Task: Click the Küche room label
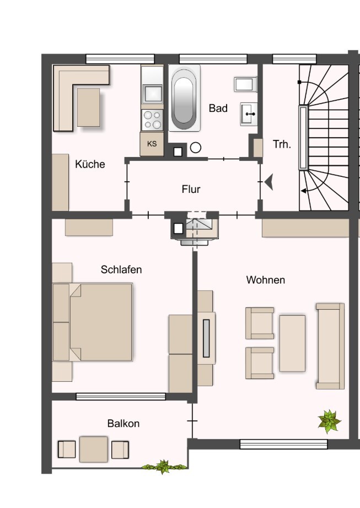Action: (90, 164)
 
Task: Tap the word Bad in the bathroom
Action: (218, 108)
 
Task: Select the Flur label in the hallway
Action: (191, 189)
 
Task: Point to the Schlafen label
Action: (121, 269)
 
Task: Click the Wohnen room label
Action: (266, 279)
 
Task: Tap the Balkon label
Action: (123, 424)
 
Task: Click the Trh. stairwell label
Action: (282, 144)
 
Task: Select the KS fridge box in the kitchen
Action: (152, 144)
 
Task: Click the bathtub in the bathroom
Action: (184, 98)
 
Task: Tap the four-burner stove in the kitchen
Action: (152, 120)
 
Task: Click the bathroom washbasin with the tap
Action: (249, 114)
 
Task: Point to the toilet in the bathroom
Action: (246, 84)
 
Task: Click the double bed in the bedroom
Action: (93, 322)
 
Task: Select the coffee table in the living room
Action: (292, 343)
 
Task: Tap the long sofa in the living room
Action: (330, 346)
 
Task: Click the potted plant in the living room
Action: (329, 421)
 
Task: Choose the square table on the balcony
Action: (94, 449)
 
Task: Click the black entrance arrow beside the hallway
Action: (269, 182)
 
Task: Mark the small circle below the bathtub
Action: (195, 148)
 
